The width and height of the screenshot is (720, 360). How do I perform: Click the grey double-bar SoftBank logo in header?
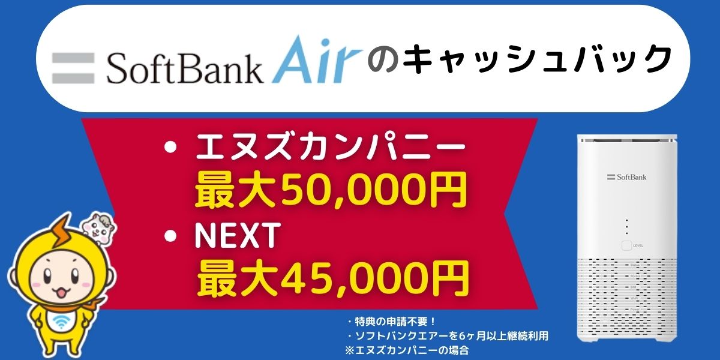pyautogui.click(x=73, y=67)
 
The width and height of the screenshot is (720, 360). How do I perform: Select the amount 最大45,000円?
pyautogui.click(x=333, y=277)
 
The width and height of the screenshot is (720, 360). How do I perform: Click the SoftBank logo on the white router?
pyautogui.click(x=626, y=177)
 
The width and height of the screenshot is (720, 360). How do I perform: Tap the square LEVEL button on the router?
pyautogui.click(x=626, y=245)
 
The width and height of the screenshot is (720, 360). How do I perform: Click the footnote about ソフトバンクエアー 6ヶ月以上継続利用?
pyautogui.click(x=447, y=336)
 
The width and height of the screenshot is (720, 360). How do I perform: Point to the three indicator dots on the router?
pyautogui.click(x=626, y=226)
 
